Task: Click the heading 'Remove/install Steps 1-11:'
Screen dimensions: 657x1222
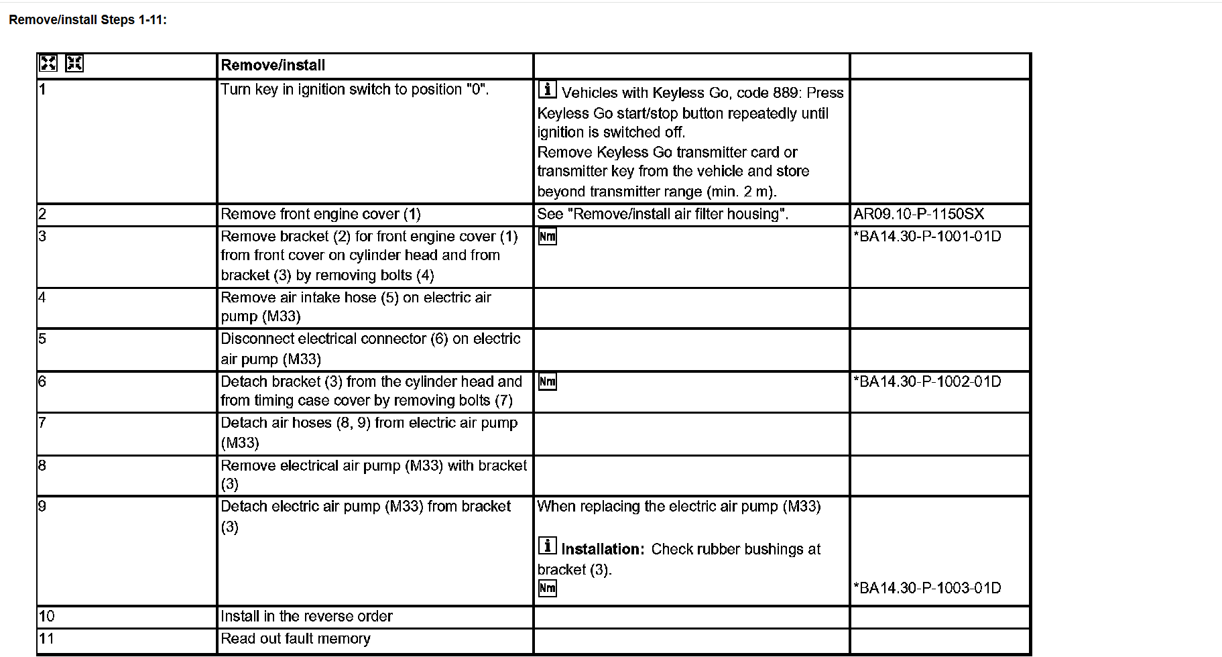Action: point(88,20)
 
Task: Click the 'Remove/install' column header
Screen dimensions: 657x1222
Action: point(273,65)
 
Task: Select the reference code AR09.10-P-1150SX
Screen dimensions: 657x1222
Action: point(918,214)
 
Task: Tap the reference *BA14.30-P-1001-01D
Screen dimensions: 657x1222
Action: point(927,236)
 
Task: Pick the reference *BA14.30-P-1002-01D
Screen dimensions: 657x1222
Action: point(927,381)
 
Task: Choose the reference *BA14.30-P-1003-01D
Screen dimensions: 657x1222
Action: point(927,588)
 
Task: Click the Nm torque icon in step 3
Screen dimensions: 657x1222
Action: point(548,237)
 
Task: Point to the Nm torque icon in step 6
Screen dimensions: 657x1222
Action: point(548,382)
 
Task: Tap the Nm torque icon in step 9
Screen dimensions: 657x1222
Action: point(548,589)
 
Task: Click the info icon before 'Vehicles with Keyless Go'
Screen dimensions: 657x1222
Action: point(548,89)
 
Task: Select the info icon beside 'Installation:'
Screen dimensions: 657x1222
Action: point(548,546)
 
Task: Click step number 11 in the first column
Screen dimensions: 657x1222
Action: point(46,638)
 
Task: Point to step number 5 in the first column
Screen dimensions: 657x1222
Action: point(42,339)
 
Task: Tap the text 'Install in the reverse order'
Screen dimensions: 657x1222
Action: point(306,616)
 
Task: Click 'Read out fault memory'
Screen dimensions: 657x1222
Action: point(296,638)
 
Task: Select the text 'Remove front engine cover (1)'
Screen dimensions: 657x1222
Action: point(320,214)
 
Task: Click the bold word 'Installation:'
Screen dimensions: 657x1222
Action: point(603,549)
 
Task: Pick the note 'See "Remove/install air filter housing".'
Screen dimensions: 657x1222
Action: point(662,214)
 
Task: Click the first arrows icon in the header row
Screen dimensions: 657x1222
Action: point(48,64)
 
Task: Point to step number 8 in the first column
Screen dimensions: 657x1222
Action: point(42,465)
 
